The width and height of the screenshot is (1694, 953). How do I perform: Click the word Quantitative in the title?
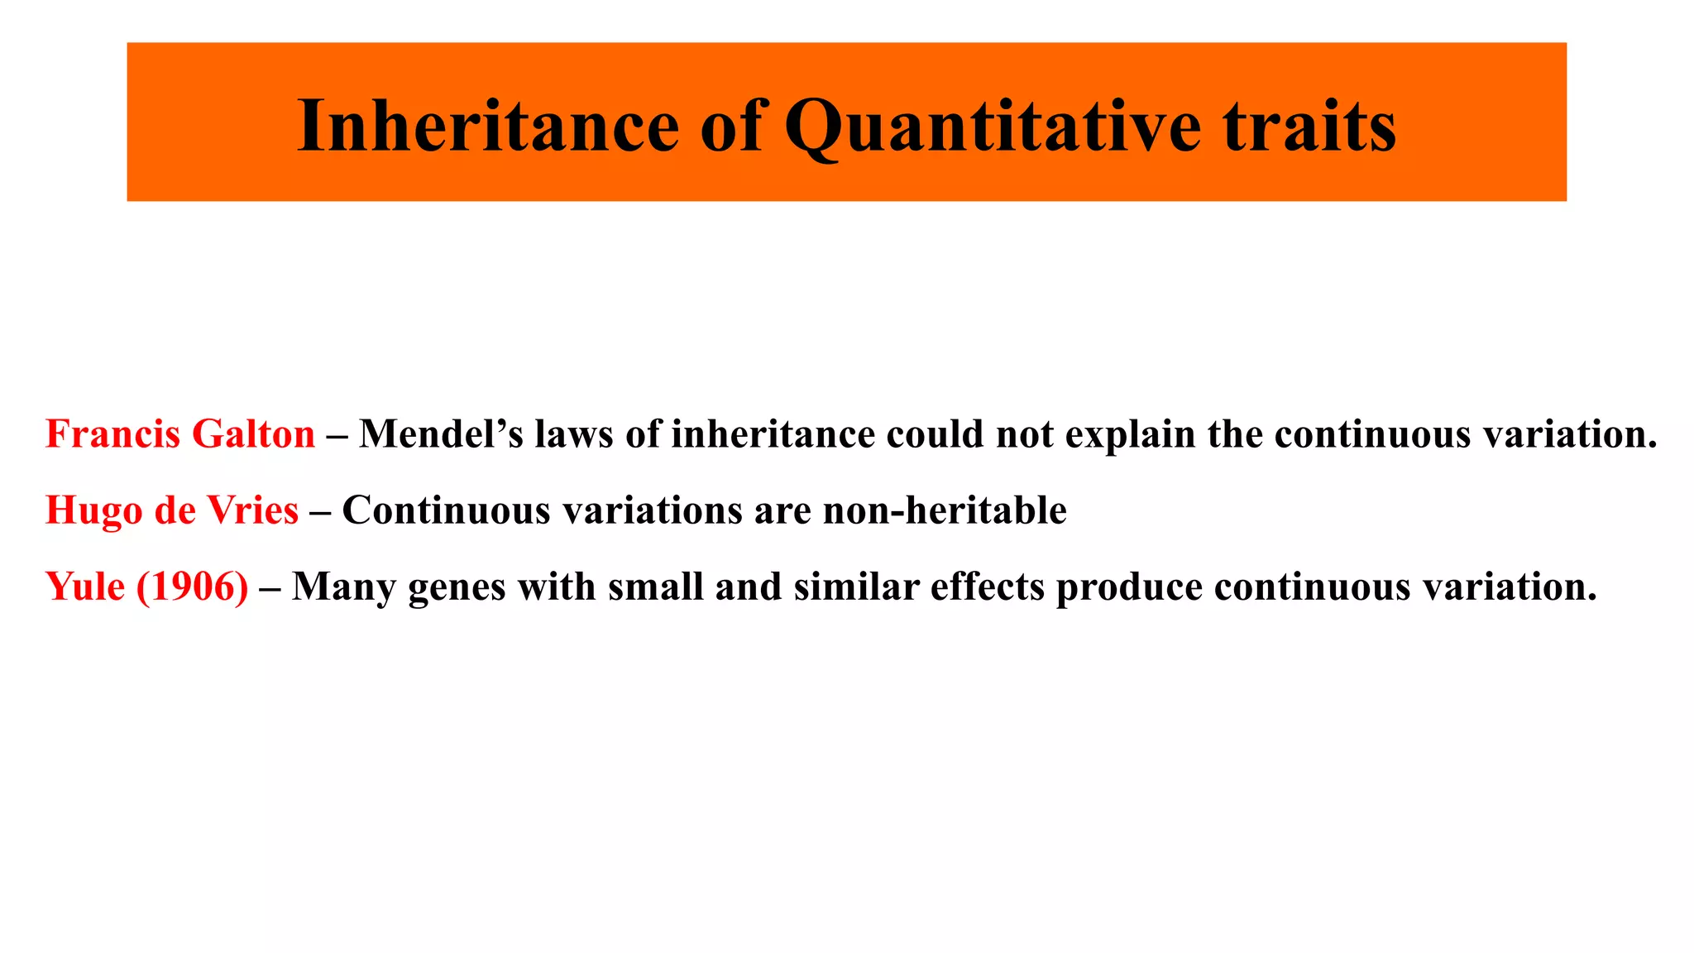[992, 127]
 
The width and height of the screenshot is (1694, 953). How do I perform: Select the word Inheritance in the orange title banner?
[488, 127]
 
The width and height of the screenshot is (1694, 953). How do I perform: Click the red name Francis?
[112, 434]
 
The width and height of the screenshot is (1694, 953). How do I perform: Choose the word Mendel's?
[441, 434]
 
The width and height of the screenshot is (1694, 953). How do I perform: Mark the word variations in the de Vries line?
[653, 510]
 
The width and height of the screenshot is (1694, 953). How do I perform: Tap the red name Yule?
[85, 587]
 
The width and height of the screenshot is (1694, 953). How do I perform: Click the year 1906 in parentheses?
[192, 587]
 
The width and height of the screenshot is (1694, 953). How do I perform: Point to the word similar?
[856, 587]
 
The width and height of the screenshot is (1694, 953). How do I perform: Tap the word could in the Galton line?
[935, 434]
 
